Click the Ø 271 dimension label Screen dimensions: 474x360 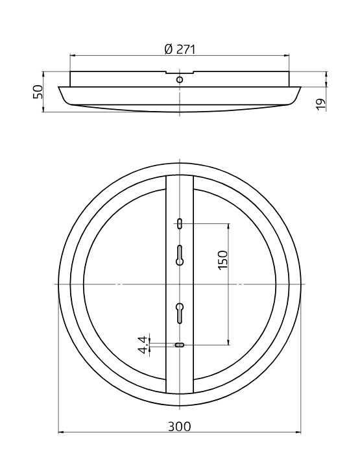(x=180, y=49)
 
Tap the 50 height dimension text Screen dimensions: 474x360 (x=38, y=92)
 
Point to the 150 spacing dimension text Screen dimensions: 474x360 (x=222, y=260)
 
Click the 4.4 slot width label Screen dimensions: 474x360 (x=142, y=344)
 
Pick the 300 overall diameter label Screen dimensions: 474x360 (x=180, y=427)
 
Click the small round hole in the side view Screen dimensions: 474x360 (x=180, y=79)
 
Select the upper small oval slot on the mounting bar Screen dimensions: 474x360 (x=180, y=224)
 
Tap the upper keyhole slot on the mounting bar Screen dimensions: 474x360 (x=180, y=255)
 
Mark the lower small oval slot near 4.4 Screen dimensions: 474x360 (x=180, y=345)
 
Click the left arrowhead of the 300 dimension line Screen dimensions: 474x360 (x=60, y=432)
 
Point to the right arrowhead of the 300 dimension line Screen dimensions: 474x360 (x=300, y=432)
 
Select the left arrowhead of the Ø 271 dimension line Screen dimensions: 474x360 (x=72, y=56)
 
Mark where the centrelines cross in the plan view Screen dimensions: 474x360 (x=180, y=284)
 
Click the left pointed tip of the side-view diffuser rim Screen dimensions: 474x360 (x=59, y=88)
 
